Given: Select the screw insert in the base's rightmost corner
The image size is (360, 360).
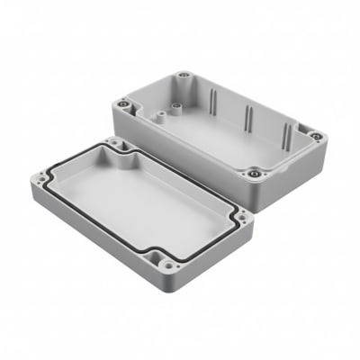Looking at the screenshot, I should coord(316,136).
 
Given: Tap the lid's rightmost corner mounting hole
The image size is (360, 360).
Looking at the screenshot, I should coord(241,216).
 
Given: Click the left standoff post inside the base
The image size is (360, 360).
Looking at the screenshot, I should coord(154,115).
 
